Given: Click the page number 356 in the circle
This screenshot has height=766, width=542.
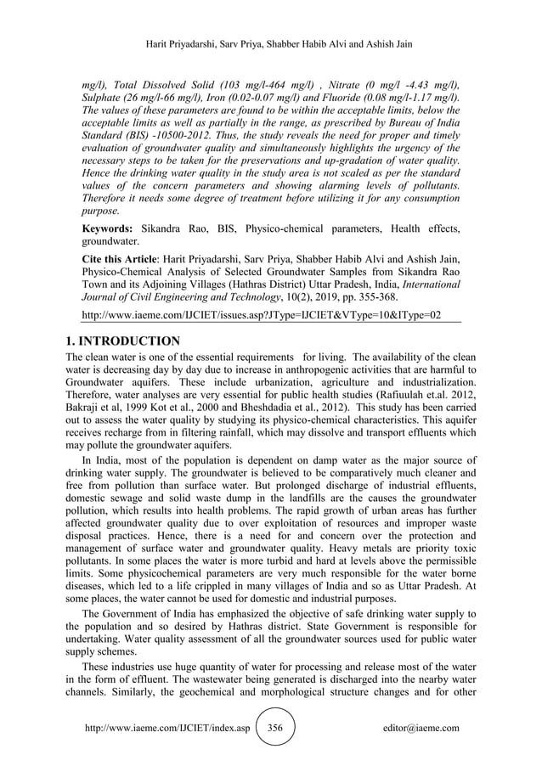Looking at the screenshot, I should pyautogui.click(x=274, y=729).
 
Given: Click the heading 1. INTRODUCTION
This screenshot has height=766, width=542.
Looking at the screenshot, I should pyautogui.click(x=122, y=341).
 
